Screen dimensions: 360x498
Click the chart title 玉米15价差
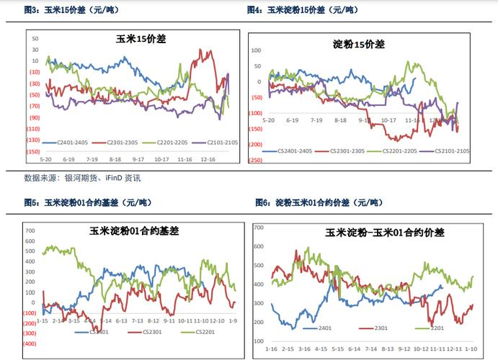click(x=141, y=40)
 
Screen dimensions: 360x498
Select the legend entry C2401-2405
click(x=73, y=143)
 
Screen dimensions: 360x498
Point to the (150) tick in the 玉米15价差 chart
click(x=34, y=152)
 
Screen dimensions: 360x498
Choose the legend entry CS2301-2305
click(x=342, y=151)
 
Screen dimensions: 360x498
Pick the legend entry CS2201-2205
click(x=398, y=151)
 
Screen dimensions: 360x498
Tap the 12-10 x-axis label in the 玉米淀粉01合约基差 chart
click(x=202, y=320)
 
